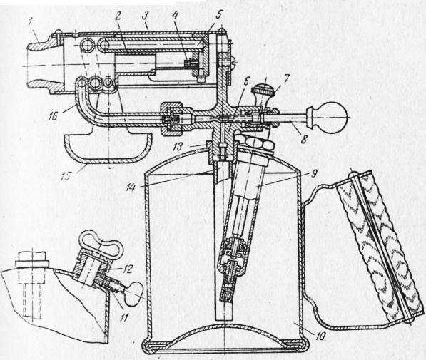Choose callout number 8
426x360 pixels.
point(304,139)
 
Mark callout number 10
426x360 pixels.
point(320,336)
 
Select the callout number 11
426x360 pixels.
point(123,317)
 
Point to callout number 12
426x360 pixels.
point(127,269)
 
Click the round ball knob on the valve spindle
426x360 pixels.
point(334,118)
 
